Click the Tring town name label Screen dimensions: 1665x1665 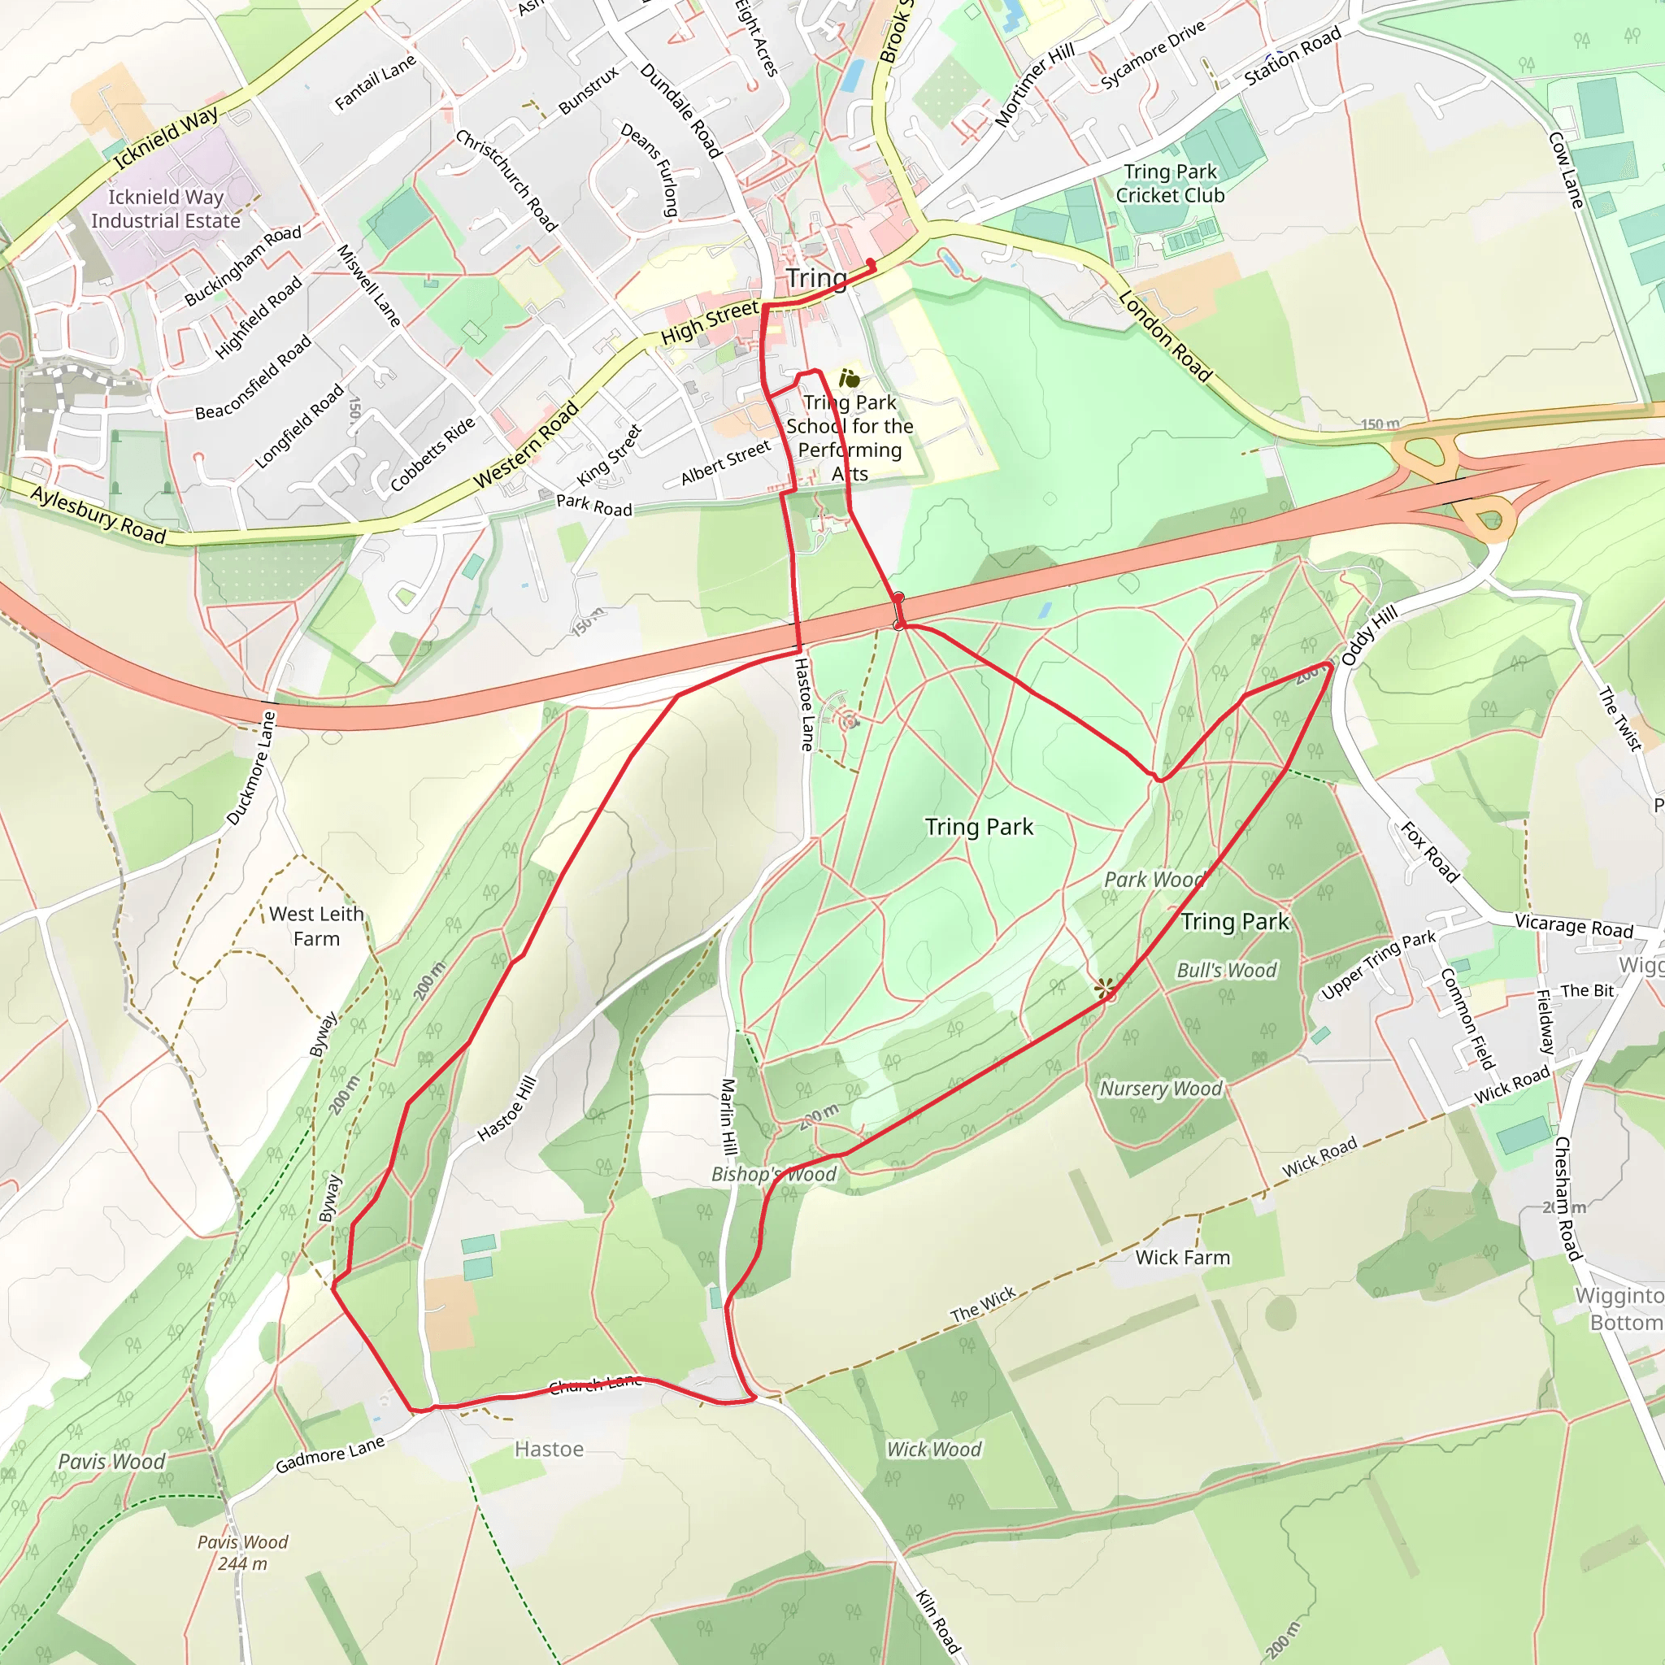(816, 278)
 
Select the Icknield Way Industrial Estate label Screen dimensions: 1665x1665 (166, 210)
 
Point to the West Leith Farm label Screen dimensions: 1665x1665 (316, 925)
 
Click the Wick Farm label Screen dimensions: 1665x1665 (1182, 1258)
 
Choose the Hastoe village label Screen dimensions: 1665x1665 (549, 1450)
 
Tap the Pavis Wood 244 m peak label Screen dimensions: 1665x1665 (242, 1552)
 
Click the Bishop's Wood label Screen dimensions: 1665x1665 (774, 1174)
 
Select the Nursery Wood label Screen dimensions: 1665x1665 (1161, 1089)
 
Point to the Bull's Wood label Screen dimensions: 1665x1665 (1226, 971)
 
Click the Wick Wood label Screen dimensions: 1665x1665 (934, 1450)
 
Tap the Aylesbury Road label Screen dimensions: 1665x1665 (98, 515)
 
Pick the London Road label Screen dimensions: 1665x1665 (1165, 336)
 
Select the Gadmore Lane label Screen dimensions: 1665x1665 (330, 1454)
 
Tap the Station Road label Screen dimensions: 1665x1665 (1292, 56)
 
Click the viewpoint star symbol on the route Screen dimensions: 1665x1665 (1105, 989)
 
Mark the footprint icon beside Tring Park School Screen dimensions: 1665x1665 (849, 378)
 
